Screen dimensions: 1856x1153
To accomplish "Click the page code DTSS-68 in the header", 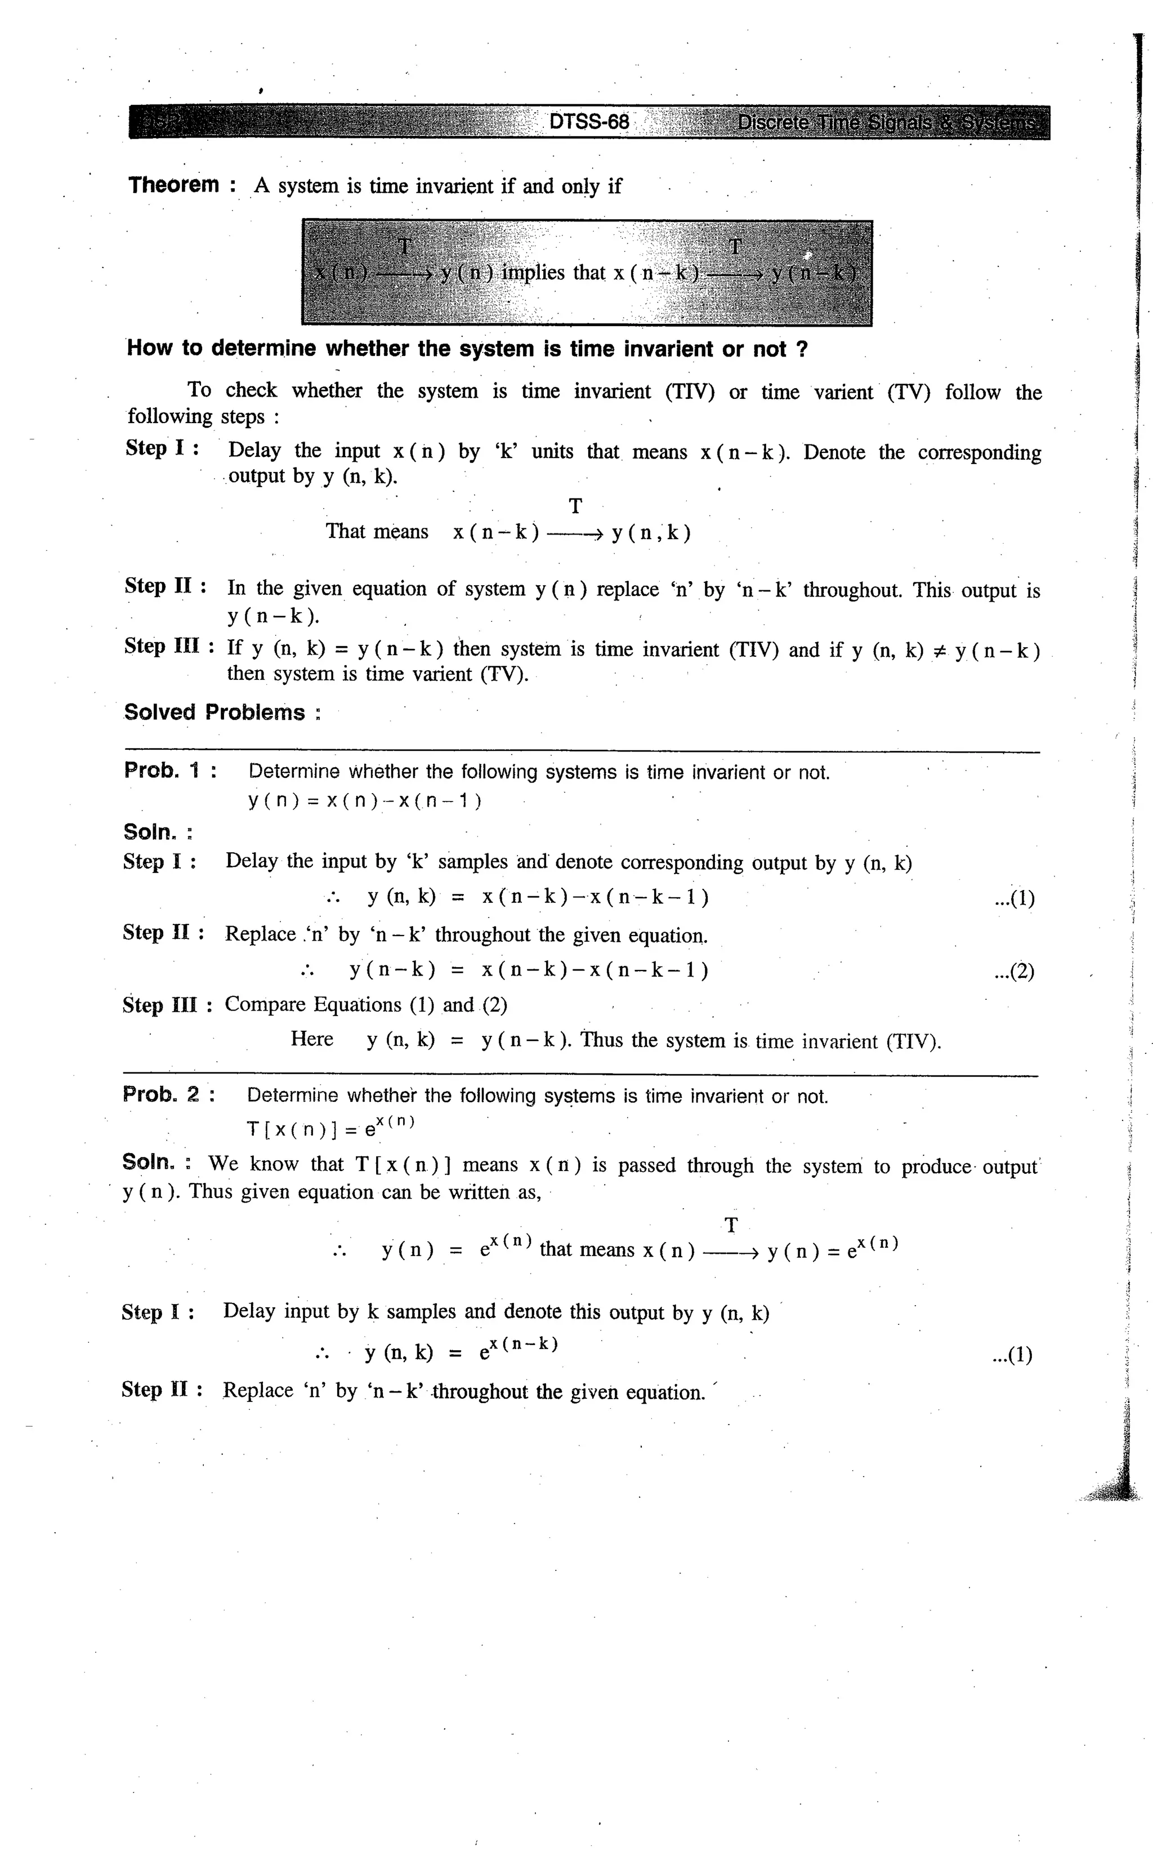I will click(589, 122).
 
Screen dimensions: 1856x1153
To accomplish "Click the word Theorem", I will click(174, 185).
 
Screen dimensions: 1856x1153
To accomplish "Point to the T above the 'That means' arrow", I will click(576, 506).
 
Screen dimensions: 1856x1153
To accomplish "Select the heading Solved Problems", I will click(214, 713).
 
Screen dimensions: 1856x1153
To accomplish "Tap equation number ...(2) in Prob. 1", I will click(1014, 972).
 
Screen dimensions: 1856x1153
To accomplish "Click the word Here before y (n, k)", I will click(312, 1039).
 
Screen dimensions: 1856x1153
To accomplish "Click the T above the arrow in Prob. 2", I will click(731, 1226).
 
